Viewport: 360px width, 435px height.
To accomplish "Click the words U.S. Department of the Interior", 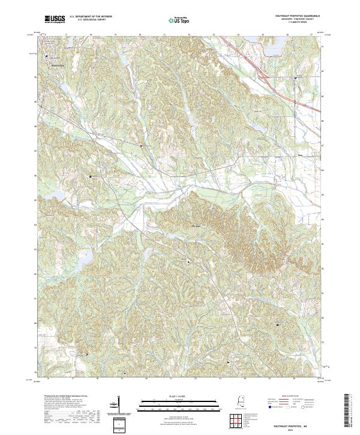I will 91,16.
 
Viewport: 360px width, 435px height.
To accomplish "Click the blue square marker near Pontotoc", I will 46,57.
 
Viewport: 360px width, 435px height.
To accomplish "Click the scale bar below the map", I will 171,405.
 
